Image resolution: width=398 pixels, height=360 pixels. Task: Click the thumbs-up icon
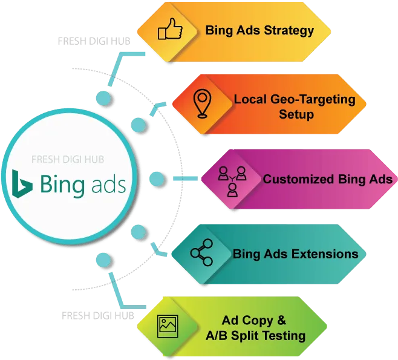(170, 29)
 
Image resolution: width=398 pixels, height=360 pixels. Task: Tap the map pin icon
(202, 103)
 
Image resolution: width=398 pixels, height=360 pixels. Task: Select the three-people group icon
(232, 182)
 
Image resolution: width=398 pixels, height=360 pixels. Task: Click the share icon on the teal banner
(201, 252)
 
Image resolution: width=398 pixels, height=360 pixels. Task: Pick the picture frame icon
(168, 326)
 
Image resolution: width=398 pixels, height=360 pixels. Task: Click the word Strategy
(289, 30)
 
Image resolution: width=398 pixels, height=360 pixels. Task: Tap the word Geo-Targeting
(313, 99)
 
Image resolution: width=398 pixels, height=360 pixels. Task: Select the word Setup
(296, 114)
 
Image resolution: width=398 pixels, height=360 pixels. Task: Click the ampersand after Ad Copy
(281, 320)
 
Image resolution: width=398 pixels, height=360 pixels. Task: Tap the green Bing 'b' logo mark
(22, 183)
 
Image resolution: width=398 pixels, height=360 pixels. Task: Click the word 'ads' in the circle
(109, 184)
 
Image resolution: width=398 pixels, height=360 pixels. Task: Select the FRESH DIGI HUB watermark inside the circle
(68, 160)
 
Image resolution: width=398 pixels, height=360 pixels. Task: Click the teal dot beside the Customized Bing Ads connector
(157, 178)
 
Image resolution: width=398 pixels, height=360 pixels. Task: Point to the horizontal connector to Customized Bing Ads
(185, 178)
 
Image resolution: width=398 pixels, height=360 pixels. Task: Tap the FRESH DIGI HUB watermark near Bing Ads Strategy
(94, 41)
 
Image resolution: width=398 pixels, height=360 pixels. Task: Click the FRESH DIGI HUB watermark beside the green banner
(98, 316)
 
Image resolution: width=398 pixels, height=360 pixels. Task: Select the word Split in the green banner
(245, 336)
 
